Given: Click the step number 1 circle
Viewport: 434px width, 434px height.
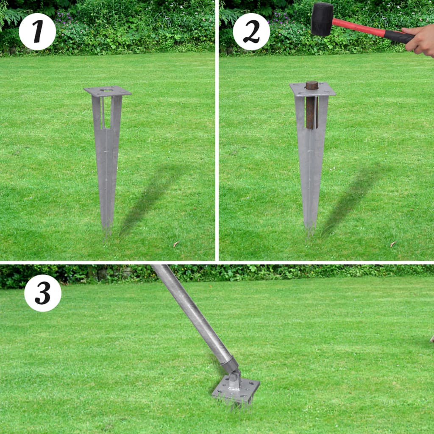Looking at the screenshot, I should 37,32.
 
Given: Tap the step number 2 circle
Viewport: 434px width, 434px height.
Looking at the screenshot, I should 251,32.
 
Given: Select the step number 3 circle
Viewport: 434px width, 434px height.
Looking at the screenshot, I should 43,293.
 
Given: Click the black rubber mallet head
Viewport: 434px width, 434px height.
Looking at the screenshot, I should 322,19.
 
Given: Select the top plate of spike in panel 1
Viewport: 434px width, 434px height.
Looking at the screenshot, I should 107,91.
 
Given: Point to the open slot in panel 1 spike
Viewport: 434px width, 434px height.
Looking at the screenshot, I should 107,112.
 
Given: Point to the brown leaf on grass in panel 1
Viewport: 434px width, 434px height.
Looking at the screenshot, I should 175,244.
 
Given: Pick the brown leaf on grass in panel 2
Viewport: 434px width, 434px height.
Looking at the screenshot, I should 392,244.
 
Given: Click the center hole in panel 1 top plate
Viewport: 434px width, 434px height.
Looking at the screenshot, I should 107,90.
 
